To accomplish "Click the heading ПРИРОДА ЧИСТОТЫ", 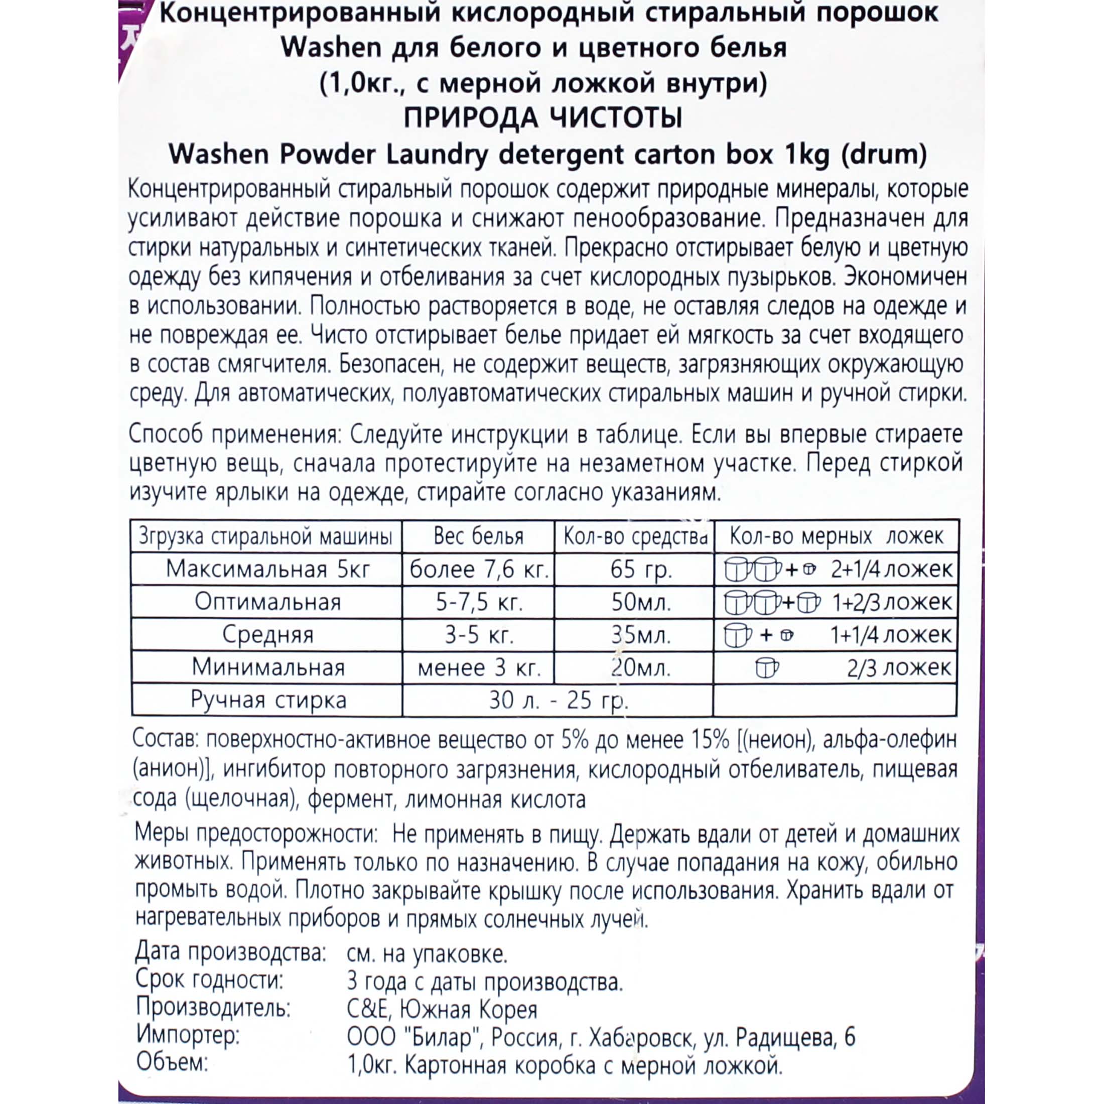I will [543, 118].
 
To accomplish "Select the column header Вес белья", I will [478, 536].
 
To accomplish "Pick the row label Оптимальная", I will [267, 602].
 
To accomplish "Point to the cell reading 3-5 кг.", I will [479, 635].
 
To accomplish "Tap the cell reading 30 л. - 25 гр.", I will [559, 701].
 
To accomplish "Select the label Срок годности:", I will [210, 981].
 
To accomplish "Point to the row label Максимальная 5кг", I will [267, 570].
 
